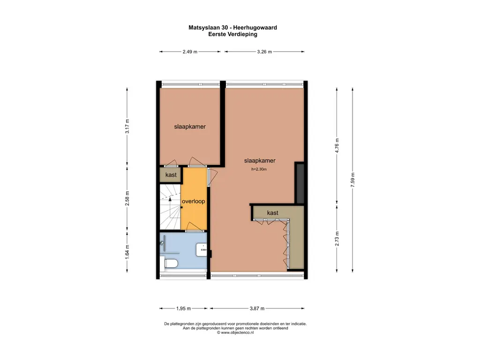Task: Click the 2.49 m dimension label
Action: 190,52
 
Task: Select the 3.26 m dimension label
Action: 264,52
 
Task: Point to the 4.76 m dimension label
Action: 337,143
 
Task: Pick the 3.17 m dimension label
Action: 127,127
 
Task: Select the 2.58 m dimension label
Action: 127,199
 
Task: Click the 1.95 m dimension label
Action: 183,308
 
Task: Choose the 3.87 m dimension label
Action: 256,308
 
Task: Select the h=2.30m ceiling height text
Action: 259,169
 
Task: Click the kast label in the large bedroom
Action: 272,213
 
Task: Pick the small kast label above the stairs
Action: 171,175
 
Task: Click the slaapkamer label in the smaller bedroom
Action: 190,127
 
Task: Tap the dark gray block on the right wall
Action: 300,183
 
